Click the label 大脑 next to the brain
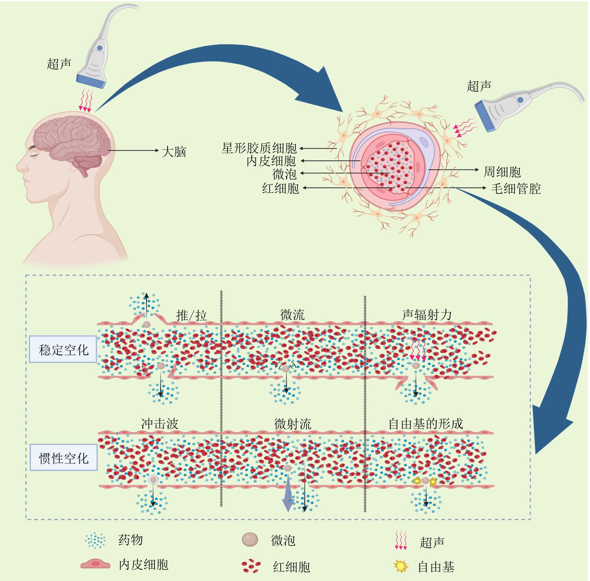[174, 152]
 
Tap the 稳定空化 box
[64, 350]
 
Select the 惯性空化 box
[64, 458]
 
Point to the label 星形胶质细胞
[259, 148]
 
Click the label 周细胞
[502, 172]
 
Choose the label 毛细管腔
[516, 188]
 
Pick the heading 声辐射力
[427, 315]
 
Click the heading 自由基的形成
[426, 423]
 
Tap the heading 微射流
[293, 424]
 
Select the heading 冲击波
[160, 424]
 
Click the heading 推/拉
[192, 316]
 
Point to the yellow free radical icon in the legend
[401, 566]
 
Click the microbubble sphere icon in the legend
[250, 540]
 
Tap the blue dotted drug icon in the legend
[96, 540]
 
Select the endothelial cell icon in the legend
[95, 565]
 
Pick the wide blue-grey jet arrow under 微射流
[288, 496]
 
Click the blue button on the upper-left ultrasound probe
[99, 48]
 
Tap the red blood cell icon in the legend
[251, 566]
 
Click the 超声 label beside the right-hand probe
[479, 86]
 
